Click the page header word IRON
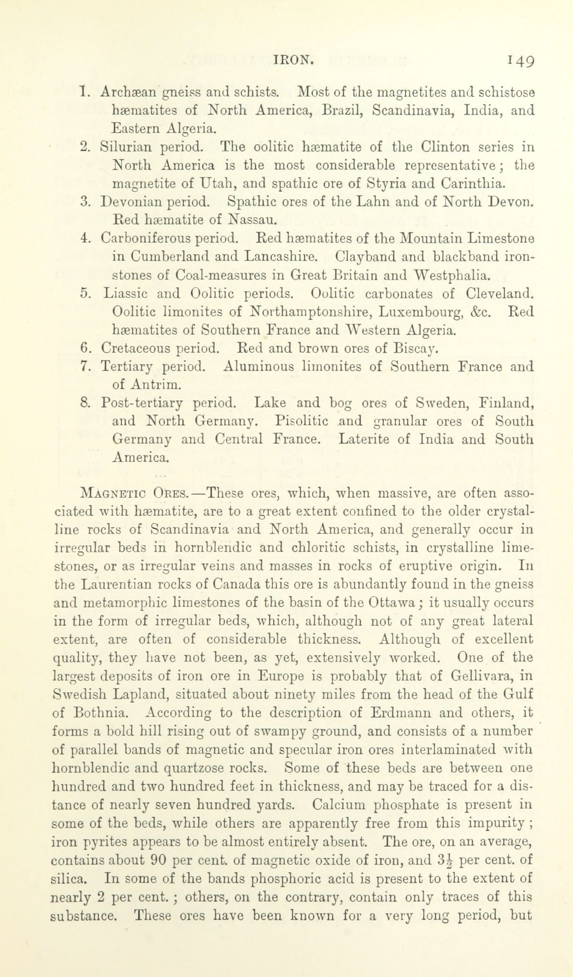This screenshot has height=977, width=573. [293, 60]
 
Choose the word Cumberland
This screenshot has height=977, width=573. [161, 256]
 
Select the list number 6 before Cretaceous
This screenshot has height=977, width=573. [85, 348]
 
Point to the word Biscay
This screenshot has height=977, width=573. [415, 349]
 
